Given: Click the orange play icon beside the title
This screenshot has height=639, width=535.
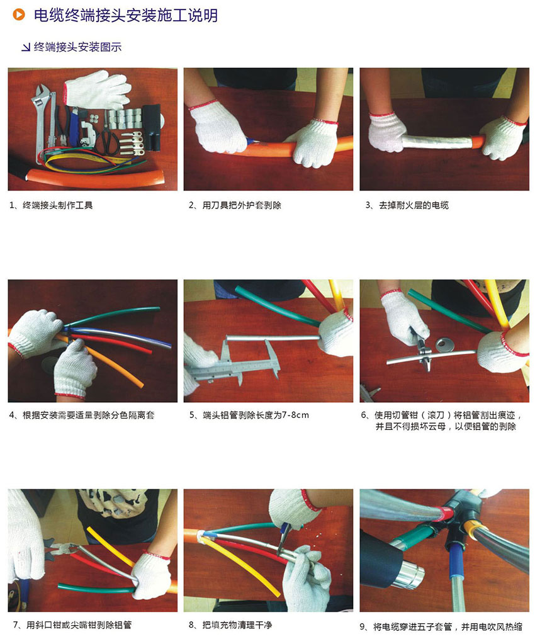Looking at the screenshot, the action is tap(19, 14).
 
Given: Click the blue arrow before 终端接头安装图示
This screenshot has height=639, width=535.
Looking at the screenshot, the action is tap(26, 48).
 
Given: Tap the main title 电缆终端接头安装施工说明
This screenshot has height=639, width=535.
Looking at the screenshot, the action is tap(125, 15).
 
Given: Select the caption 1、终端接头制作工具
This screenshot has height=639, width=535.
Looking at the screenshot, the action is tap(51, 205).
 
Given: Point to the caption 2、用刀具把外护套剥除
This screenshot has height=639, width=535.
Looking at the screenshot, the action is tap(235, 205).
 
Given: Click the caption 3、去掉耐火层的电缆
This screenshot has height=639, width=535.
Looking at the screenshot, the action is tap(407, 205).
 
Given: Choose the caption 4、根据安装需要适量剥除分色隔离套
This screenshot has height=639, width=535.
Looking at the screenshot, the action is tap(82, 416).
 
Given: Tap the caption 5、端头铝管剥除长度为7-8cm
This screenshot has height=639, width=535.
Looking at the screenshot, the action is tap(249, 416).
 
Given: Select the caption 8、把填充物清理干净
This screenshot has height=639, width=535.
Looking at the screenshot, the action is tap(230, 625).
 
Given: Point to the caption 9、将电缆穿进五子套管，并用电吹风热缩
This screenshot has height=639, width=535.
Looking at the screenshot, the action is tap(441, 626).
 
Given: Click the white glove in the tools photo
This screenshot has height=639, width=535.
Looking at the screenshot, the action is tap(98, 89).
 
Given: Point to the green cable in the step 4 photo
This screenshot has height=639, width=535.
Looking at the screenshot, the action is tap(110, 317).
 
